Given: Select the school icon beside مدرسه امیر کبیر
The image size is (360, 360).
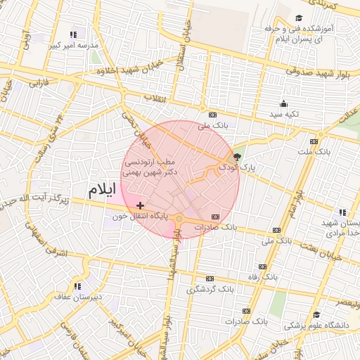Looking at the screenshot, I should pyautogui.click(x=73, y=34).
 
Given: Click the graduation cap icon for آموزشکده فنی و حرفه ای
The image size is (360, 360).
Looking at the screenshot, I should pyautogui.click(x=299, y=18).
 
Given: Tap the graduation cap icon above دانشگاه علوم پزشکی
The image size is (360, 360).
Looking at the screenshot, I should pyautogui.click(x=316, y=314).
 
